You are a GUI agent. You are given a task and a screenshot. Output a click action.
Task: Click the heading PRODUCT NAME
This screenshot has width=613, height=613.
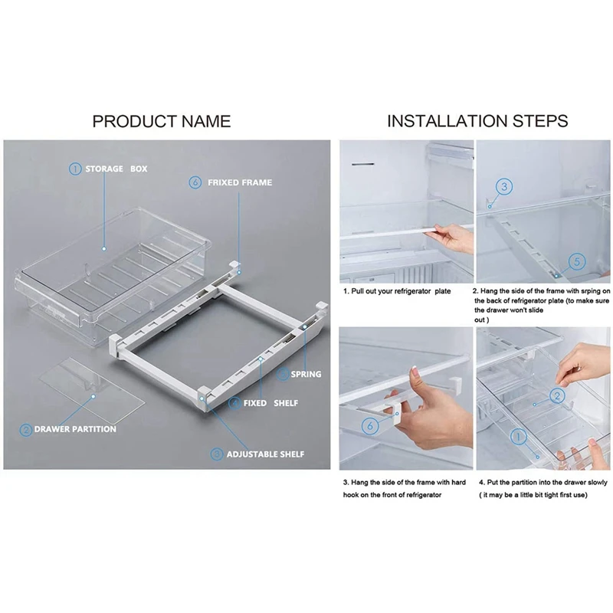point(161,121)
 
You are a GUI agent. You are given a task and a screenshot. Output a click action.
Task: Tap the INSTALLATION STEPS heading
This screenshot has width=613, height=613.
point(477,121)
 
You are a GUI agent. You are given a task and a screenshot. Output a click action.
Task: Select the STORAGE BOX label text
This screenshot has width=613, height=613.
point(116,169)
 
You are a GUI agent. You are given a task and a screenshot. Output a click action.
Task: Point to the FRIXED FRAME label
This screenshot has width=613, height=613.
point(239,183)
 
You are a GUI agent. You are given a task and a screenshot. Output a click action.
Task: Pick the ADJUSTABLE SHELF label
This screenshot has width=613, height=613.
point(265,454)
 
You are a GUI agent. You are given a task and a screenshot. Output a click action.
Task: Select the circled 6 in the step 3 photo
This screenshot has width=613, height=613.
point(369,424)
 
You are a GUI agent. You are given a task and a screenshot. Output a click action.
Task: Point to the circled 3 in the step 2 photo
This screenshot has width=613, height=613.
point(503,186)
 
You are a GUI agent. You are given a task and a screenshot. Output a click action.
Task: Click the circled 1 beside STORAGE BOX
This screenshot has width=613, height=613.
point(75,169)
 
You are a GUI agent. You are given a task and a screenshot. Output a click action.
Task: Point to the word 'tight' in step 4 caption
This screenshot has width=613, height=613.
point(550,495)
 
